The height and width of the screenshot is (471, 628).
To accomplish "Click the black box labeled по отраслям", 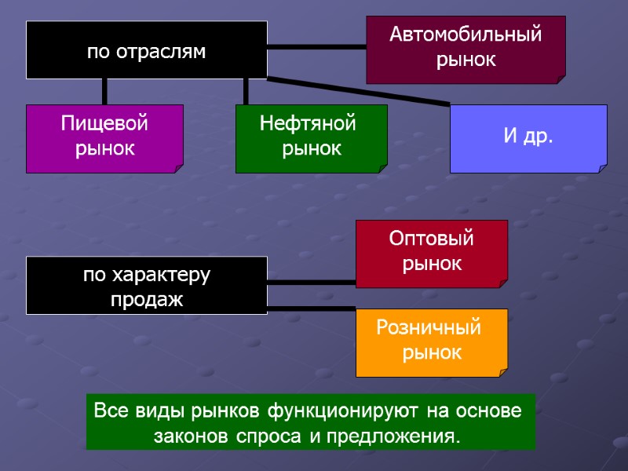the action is pyautogui.click(x=147, y=50).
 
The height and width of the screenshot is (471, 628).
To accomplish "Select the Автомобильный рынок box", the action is pyautogui.click(x=466, y=49).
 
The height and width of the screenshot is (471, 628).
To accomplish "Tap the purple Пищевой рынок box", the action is pyautogui.click(x=104, y=138).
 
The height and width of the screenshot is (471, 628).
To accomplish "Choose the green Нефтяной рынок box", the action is pyautogui.click(x=311, y=138).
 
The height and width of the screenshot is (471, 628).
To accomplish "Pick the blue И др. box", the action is pyautogui.click(x=528, y=138).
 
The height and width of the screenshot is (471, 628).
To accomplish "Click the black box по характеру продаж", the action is pyautogui.click(x=147, y=286).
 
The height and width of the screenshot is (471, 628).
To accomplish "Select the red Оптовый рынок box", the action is pyautogui.click(x=432, y=253).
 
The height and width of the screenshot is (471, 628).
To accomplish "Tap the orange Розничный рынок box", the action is pyautogui.click(x=432, y=342).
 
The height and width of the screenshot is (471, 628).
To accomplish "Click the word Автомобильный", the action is pyautogui.click(x=466, y=35).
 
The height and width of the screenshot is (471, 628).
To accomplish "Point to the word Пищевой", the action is pyautogui.click(x=104, y=124).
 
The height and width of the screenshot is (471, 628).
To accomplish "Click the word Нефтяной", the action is pyautogui.click(x=308, y=124).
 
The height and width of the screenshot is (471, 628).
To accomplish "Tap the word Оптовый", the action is pyautogui.click(x=432, y=239).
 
